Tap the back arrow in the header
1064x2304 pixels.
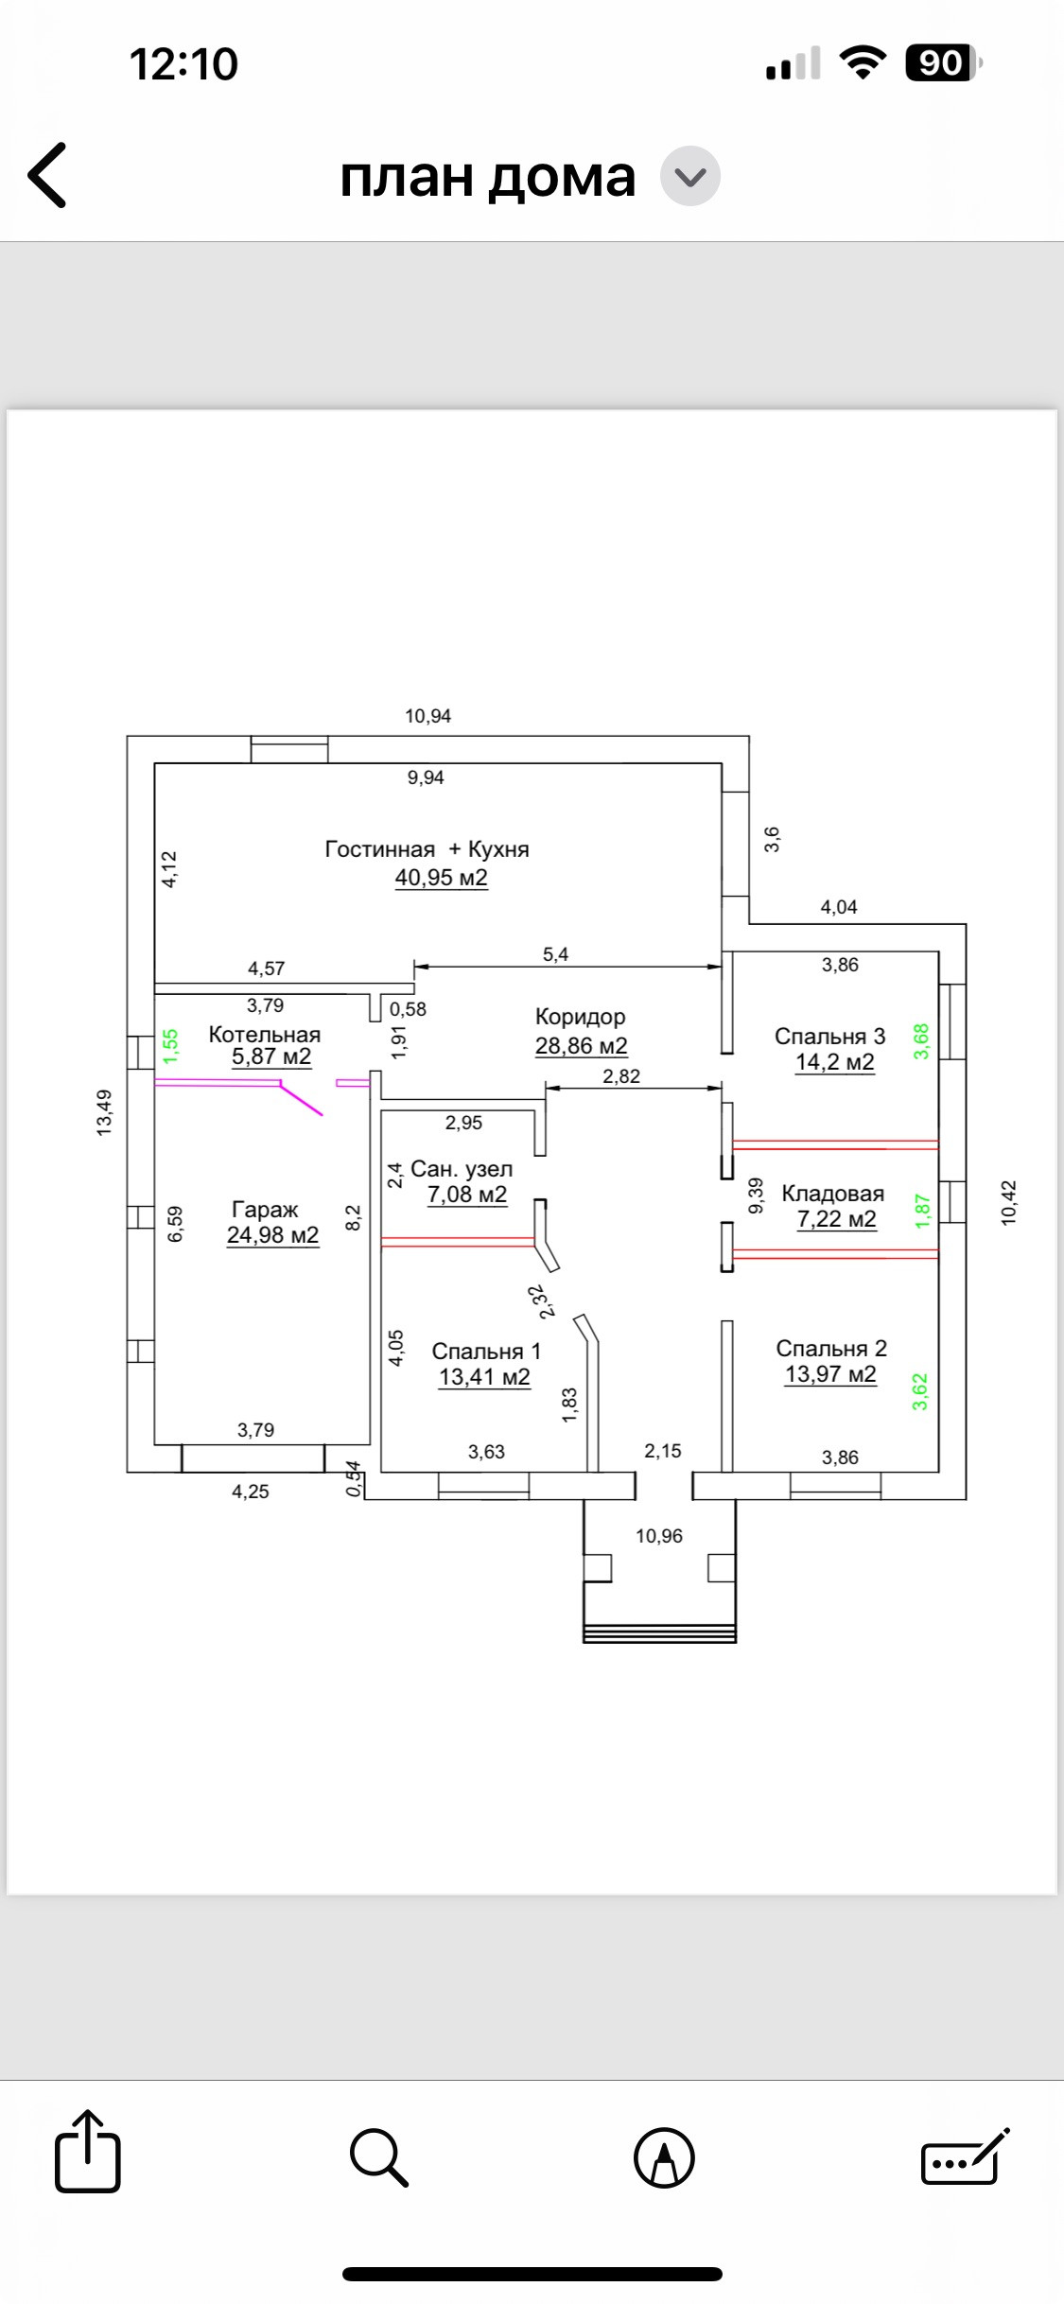[46, 175]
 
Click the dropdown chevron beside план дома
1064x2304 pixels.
[690, 176]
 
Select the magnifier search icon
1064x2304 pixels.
[379, 2157]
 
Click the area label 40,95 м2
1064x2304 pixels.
[442, 878]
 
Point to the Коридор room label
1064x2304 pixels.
[581, 1018]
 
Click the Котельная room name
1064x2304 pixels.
[265, 1035]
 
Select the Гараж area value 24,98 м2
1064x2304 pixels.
[273, 1235]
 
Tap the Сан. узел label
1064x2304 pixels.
[462, 1170]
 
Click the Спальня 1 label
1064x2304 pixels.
[486, 1352]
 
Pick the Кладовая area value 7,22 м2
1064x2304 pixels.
[837, 1219]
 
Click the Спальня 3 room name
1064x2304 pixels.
[830, 1037]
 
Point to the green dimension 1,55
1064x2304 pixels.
[170, 1047]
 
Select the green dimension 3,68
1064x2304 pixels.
[921, 1041]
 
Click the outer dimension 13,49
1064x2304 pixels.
[104, 1112]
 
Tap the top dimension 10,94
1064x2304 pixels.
[428, 716]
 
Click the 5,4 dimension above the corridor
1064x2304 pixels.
[555, 954]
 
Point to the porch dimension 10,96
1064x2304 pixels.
[659, 1536]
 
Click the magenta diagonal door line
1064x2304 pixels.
[301, 1100]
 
